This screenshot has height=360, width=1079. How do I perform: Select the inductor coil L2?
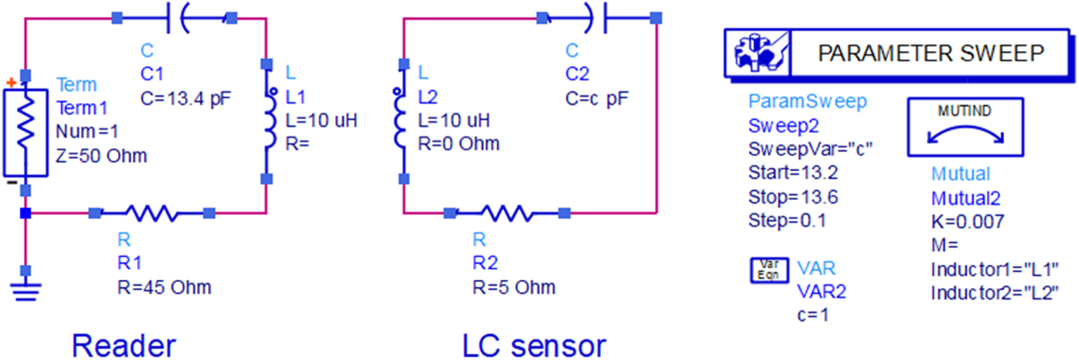(400, 120)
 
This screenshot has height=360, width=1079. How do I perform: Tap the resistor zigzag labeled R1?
(152, 214)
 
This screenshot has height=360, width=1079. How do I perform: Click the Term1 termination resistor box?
(25, 133)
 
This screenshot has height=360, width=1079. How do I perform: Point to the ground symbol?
(25, 290)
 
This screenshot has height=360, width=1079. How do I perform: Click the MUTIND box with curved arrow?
(965, 127)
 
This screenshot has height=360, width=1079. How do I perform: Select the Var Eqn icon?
(769, 270)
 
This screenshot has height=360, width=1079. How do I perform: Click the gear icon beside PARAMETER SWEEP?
(758, 53)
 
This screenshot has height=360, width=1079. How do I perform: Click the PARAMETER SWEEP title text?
(931, 53)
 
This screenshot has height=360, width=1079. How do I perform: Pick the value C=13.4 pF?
(186, 98)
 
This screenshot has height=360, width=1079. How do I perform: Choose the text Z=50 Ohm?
(102, 156)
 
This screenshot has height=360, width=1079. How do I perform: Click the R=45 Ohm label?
(164, 287)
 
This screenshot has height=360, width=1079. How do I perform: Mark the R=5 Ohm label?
(514, 287)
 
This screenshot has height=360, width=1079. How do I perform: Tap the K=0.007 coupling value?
(967, 221)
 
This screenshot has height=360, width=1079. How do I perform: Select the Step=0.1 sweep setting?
(787, 221)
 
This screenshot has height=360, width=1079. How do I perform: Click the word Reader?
(124, 346)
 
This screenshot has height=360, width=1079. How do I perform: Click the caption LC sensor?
(534, 346)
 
